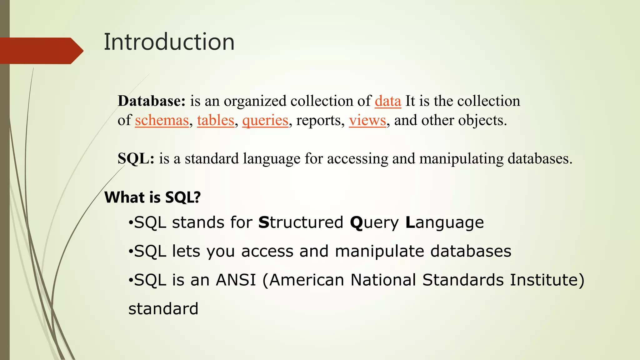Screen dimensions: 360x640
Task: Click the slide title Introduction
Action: point(169,42)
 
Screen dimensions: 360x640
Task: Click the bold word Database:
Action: point(152,101)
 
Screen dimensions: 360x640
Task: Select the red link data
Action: point(388,101)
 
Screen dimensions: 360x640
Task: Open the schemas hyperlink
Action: point(162,120)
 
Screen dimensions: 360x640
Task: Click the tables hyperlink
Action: point(216,120)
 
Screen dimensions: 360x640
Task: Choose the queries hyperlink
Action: point(265,120)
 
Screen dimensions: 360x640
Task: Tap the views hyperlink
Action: point(367,120)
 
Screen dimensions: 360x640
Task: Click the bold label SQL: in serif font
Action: point(136,158)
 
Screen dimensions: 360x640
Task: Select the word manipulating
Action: point(461,159)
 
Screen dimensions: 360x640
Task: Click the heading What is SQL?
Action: point(152,197)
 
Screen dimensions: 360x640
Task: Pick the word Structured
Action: point(301,222)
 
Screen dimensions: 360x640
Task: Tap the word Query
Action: point(374,223)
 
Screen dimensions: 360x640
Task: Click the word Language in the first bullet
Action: point(444,223)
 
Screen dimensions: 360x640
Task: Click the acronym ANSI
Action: point(236,280)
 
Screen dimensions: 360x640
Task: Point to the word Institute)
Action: point(547,280)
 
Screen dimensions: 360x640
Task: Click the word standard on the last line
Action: point(163,309)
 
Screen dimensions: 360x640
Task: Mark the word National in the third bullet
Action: point(383,280)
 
